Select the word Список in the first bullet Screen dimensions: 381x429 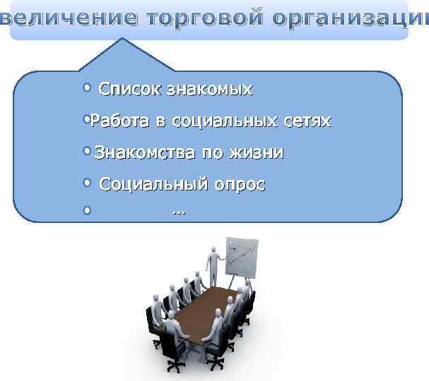pos(130,90)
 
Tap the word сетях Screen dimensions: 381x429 pos(303,121)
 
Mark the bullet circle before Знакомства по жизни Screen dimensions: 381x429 pos(87,152)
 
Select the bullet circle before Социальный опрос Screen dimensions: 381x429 pos(87,183)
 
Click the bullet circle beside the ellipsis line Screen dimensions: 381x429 pos(87,210)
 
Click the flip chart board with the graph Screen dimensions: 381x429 pos(242,258)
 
